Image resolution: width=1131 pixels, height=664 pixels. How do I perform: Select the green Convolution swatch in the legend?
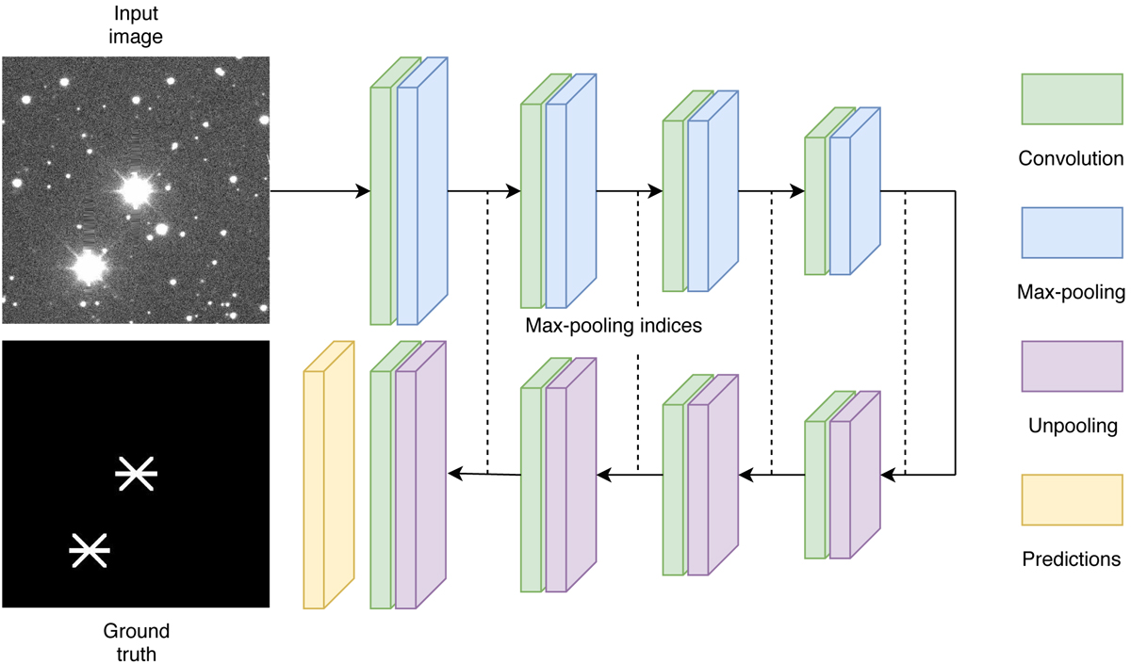(x=1072, y=100)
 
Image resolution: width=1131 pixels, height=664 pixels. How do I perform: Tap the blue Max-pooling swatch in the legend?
(x=1072, y=233)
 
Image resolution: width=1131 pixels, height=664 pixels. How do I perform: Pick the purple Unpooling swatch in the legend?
(x=1072, y=365)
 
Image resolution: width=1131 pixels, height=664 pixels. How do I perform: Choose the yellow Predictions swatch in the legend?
(x=1072, y=499)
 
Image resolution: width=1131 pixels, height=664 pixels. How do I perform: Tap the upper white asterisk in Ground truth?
(x=136, y=474)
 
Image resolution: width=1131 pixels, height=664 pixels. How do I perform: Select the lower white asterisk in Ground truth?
(x=90, y=548)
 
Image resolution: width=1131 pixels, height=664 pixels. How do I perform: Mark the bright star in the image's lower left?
(x=90, y=268)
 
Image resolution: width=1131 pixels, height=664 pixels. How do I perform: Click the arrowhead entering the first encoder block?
(x=363, y=191)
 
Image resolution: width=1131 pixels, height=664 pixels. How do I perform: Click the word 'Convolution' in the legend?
(x=1072, y=158)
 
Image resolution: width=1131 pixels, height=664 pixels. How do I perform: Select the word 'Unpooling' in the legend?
(x=1072, y=425)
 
